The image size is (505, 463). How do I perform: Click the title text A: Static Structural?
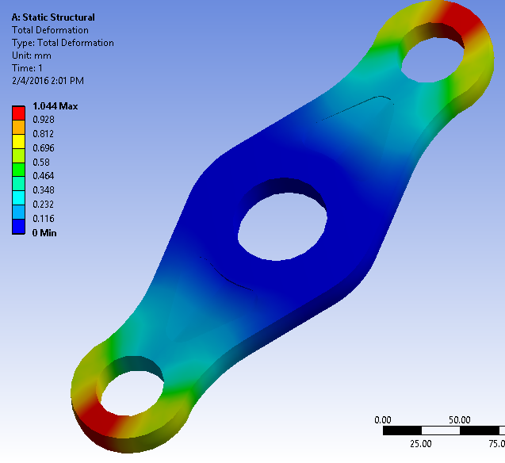click(53, 17)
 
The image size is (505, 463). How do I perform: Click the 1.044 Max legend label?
click(55, 106)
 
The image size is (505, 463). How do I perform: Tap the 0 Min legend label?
click(44, 233)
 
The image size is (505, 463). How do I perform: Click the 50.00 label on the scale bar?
click(460, 419)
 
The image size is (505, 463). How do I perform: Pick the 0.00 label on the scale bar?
click(383, 419)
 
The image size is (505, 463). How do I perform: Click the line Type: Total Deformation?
click(62, 43)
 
